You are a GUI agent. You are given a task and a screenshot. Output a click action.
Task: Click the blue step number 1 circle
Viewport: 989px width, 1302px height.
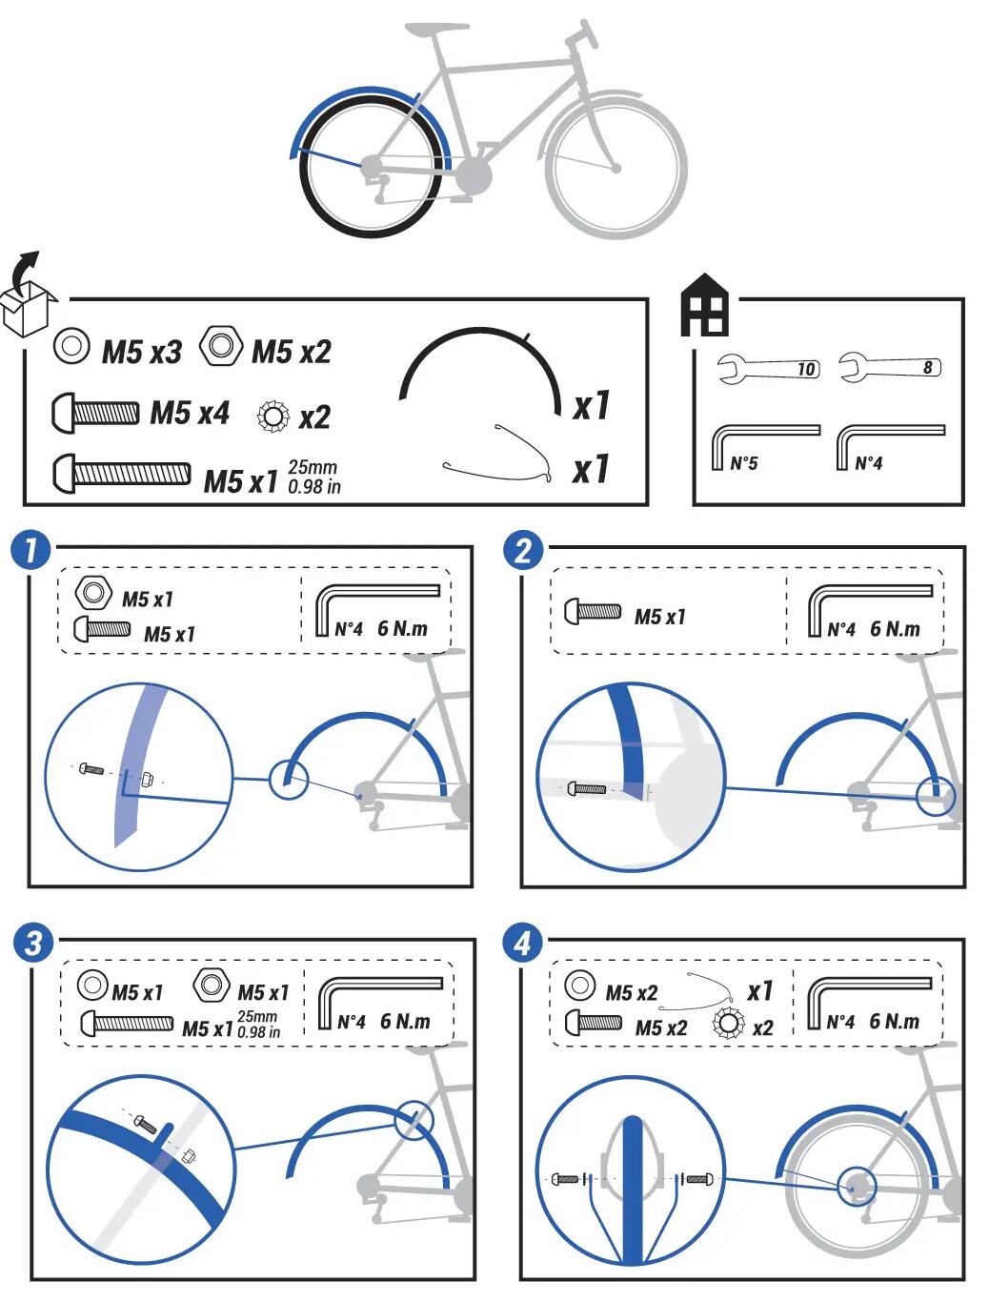[x=30, y=549]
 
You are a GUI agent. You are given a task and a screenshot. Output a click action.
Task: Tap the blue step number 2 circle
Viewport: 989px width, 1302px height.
[x=522, y=549]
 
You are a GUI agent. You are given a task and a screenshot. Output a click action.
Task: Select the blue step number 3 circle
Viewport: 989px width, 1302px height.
[x=32, y=942]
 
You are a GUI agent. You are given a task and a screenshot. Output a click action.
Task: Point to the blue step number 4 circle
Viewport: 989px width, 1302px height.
[x=522, y=942]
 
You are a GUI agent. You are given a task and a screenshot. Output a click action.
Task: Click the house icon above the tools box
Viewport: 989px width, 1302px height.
[x=704, y=304]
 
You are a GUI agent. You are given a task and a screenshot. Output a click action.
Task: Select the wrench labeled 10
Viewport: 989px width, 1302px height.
[x=769, y=368]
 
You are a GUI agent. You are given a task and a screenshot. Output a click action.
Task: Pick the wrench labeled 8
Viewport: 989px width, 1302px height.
[x=890, y=367]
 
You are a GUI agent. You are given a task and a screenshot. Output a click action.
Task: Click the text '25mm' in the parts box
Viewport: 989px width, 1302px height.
[x=313, y=466]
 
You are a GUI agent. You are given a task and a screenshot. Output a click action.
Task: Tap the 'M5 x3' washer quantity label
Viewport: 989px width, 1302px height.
[x=142, y=352]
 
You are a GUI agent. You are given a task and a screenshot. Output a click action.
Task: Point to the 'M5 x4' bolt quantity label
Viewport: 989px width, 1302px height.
[x=190, y=413]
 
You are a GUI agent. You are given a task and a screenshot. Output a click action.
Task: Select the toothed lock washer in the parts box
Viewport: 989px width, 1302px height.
[x=273, y=417]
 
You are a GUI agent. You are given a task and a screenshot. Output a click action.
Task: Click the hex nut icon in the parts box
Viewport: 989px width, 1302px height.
[x=220, y=345]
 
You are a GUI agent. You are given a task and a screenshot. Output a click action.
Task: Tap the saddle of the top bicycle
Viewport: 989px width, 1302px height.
[x=437, y=28]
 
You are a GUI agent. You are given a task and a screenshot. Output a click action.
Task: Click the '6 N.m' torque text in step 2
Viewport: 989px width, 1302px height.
[x=895, y=628]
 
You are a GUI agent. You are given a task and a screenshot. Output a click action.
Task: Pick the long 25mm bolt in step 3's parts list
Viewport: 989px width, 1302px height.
[x=127, y=1022]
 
